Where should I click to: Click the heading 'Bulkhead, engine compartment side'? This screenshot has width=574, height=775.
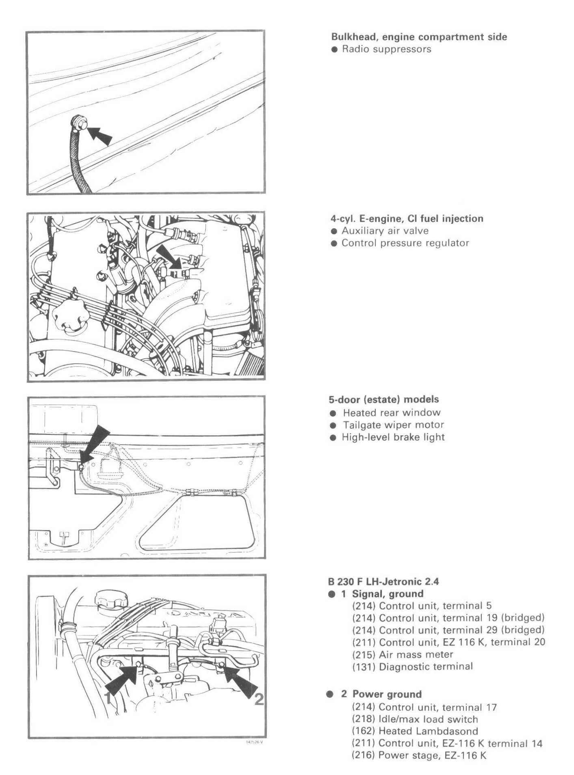[419, 37]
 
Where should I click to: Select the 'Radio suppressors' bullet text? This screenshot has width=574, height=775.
[386, 49]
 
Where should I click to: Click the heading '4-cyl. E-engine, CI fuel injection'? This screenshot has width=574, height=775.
[407, 218]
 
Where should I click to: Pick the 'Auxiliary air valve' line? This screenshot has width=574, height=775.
[385, 231]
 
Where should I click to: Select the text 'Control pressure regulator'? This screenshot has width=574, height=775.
[405, 243]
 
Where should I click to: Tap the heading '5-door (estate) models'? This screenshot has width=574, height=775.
[383, 399]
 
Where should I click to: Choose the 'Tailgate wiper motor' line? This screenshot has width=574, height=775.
[393, 425]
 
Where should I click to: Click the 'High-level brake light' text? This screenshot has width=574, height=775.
[393, 437]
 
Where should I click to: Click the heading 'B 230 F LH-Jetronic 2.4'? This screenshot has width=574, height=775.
[383, 581]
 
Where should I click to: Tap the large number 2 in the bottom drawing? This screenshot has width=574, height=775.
[259, 699]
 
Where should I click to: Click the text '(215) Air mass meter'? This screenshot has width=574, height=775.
[402, 655]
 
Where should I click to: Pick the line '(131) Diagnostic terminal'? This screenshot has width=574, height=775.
[412, 667]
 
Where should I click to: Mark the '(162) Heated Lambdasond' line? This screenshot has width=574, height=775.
[414, 731]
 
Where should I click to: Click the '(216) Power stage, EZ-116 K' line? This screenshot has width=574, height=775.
[419, 755]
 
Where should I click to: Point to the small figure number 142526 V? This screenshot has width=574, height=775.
[254, 742]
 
